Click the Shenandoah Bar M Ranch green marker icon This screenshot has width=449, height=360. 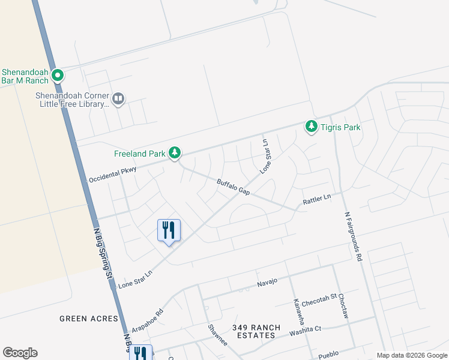click(58, 76)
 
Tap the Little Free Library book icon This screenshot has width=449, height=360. click(118, 98)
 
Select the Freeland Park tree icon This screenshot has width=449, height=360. click(175, 154)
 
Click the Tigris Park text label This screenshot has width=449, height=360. click(340, 127)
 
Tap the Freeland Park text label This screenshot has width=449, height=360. click(139, 154)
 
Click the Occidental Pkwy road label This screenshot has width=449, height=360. click(113, 175)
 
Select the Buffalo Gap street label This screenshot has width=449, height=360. click(233, 187)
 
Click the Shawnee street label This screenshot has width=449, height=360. click(217, 335)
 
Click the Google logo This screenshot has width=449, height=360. click(20, 353)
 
